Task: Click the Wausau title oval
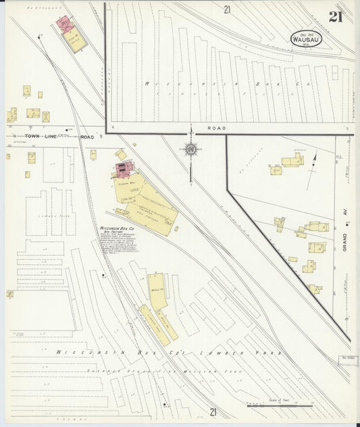coord(307,39)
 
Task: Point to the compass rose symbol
coord(190,149)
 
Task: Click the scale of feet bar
coord(279,406)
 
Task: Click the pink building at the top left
coord(65,24)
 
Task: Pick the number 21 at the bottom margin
coord(213,411)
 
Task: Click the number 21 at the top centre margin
coord(228,9)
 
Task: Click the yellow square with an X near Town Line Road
coord(45,117)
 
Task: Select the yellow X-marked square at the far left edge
coord(9,294)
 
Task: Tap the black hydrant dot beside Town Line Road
coord(68,130)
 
